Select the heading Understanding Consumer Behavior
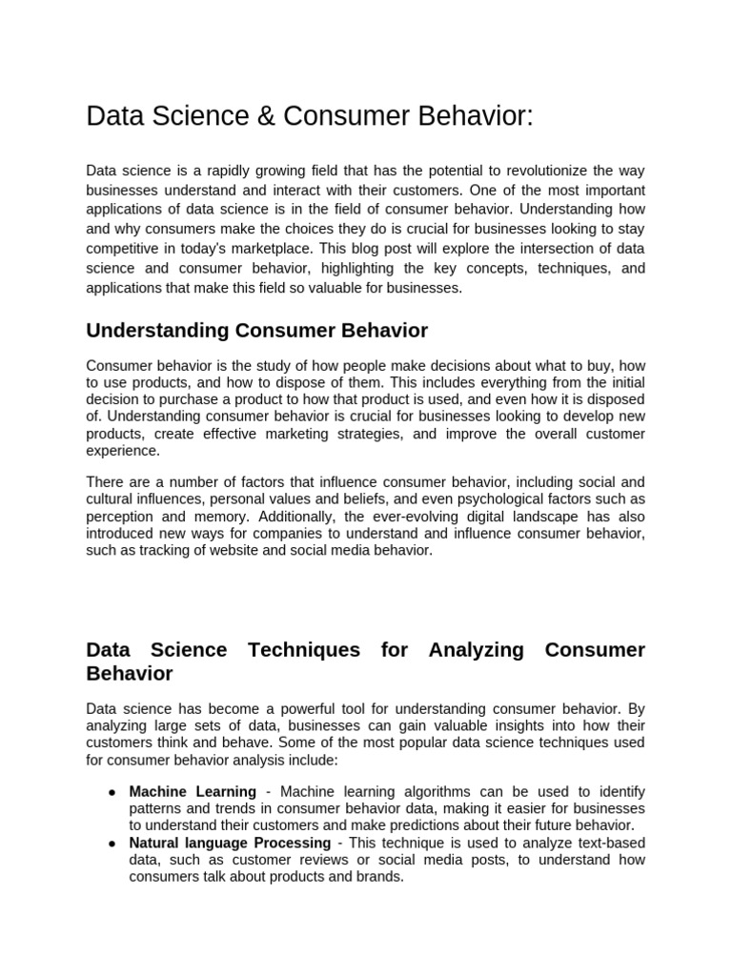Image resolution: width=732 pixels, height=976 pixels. click(x=256, y=331)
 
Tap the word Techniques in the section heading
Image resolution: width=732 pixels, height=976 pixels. click(x=303, y=650)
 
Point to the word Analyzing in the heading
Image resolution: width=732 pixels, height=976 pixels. click(x=476, y=650)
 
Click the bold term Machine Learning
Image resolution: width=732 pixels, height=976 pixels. click(x=193, y=792)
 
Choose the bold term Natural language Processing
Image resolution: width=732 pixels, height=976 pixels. click(x=230, y=844)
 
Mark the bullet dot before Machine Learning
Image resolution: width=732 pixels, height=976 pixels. click(x=112, y=793)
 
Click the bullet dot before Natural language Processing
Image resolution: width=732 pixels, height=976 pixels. click(x=112, y=844)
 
